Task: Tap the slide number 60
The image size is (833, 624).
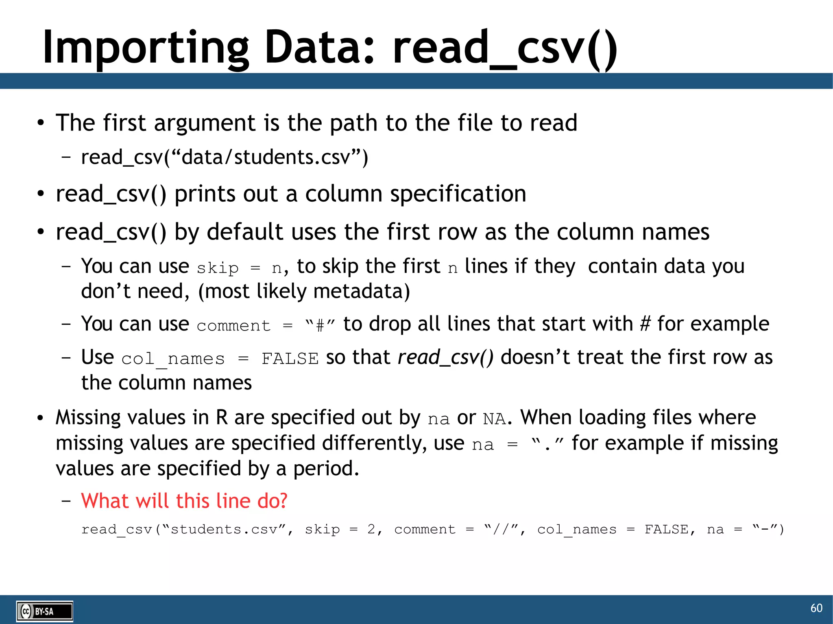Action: (x=816, y=608)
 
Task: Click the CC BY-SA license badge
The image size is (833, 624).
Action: (x=45, y=611)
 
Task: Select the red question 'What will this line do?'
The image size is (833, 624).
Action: (x=184, y=500)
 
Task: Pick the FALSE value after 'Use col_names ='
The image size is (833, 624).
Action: (x=290, y=359)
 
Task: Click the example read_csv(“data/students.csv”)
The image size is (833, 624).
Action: (x=225, y=157)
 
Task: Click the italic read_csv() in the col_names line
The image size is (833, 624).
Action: (x=445, y=357)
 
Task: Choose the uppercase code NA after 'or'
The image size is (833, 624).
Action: (x=494, y=419)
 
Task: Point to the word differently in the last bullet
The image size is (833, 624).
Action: (x=374, y=443)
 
